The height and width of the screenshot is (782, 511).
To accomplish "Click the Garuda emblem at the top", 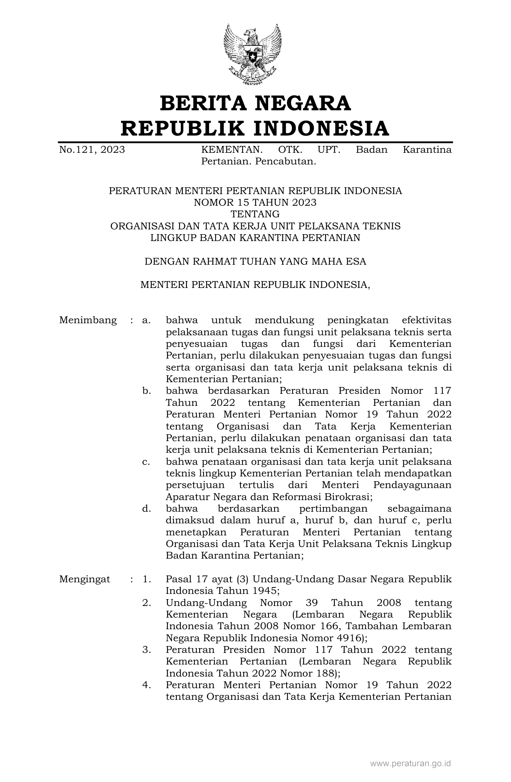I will coord(252,54).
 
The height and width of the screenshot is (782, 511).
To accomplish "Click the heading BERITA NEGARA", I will coord(255,103).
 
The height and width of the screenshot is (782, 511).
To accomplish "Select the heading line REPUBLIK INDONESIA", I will coord(255,128).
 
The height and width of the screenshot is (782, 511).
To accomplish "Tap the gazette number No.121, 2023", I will coord(92,150).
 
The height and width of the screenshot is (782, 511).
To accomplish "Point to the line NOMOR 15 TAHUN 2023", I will coord(255,203).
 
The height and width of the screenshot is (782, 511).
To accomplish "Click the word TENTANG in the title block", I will coord(255,214).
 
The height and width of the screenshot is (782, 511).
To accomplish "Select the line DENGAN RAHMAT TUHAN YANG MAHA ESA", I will coord(255,261).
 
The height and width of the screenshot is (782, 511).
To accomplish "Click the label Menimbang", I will coord(88,320).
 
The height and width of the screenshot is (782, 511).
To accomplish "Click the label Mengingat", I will coord(85,579).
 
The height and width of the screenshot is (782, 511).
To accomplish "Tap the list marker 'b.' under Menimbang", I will coord(146,391).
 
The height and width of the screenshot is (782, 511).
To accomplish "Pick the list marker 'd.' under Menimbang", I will coord(146,509).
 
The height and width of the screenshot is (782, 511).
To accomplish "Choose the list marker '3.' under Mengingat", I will coord(146,650).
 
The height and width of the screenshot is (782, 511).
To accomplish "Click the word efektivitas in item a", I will coord(426,320).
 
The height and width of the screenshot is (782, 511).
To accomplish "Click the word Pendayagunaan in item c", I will coord(412,485).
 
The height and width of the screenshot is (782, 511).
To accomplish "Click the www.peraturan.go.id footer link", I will coord(410,763).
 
